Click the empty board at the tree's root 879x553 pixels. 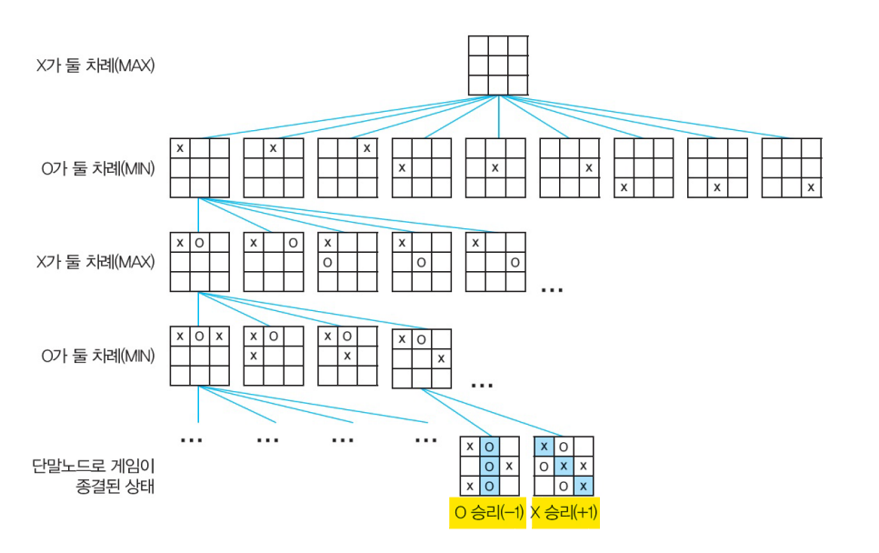click(x=497, y=65)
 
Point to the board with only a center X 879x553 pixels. click(x=495, y=168)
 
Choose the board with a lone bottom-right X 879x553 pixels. click(x=791, y=168)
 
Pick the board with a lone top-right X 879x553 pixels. click(x=347, y=168)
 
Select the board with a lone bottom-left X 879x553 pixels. click(x=644, y=168)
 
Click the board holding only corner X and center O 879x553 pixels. click(x=421, y=262)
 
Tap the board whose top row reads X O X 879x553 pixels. click(x=199, y=356)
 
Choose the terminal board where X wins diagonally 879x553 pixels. click(x=564, y=466)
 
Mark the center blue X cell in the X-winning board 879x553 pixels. click(x=564, y=466)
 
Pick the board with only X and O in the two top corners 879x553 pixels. click(x=273, y=262)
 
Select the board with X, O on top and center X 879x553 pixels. click(x=347, y=356)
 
